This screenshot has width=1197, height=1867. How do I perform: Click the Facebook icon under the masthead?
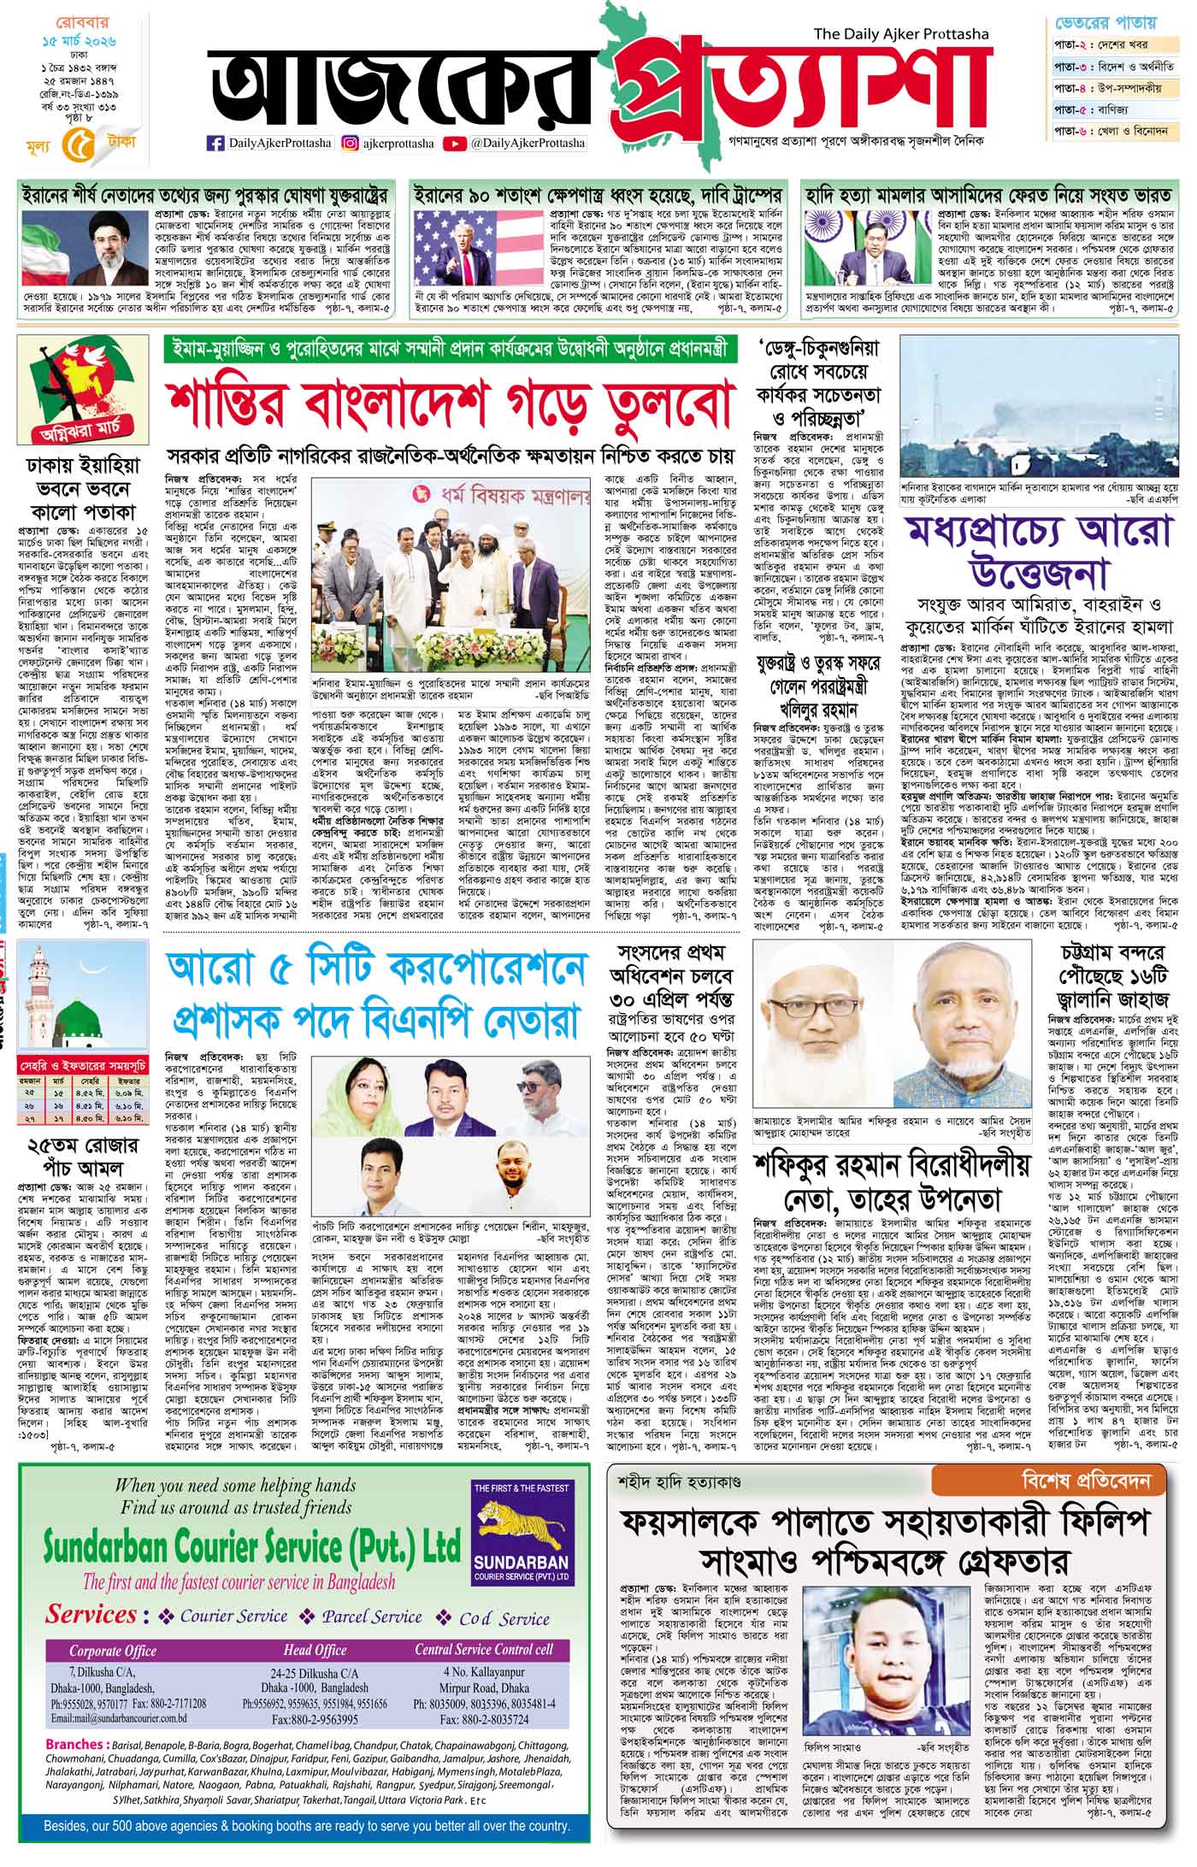click(216, 144)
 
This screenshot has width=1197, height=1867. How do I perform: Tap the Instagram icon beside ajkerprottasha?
click(351, 144)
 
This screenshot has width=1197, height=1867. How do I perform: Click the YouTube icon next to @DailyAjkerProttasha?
click(456, 144)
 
